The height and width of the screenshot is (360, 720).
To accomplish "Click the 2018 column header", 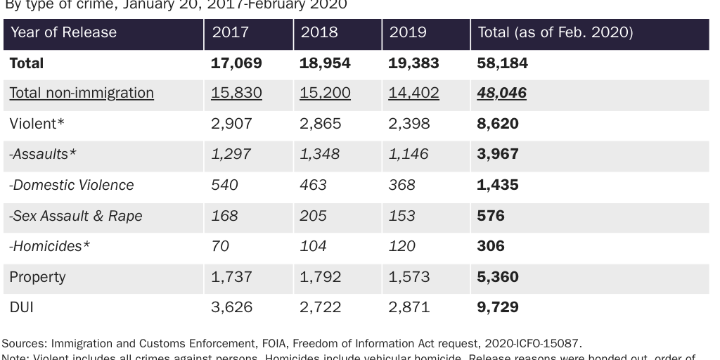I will [319, 32].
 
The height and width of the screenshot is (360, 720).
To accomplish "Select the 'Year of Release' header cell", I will [63, 32].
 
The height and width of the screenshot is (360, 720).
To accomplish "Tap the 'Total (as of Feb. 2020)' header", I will [555, 32].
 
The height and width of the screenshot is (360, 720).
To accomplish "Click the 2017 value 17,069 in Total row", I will [236, 63].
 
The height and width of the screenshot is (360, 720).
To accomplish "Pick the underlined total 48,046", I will [501, 94].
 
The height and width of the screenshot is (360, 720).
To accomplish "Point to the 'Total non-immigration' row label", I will [82, 94].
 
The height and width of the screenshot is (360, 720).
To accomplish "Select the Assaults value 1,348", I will [319, 155].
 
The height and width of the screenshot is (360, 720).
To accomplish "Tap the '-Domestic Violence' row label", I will [71, 186].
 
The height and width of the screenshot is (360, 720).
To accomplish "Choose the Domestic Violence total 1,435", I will [498, 186].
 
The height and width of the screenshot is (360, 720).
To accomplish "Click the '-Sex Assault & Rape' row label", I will [75, 216].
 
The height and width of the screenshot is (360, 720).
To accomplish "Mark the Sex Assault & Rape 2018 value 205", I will [313, 216].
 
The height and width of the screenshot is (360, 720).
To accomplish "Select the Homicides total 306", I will [491, 247].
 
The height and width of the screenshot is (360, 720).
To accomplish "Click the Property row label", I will [37, 277].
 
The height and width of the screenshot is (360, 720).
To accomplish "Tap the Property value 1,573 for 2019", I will [409, 277].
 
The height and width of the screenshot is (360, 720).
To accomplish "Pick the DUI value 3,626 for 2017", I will [232, 307].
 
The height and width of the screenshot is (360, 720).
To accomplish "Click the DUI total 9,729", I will [498, 307].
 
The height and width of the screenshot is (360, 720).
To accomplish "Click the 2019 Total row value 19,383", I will [413, 63].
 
